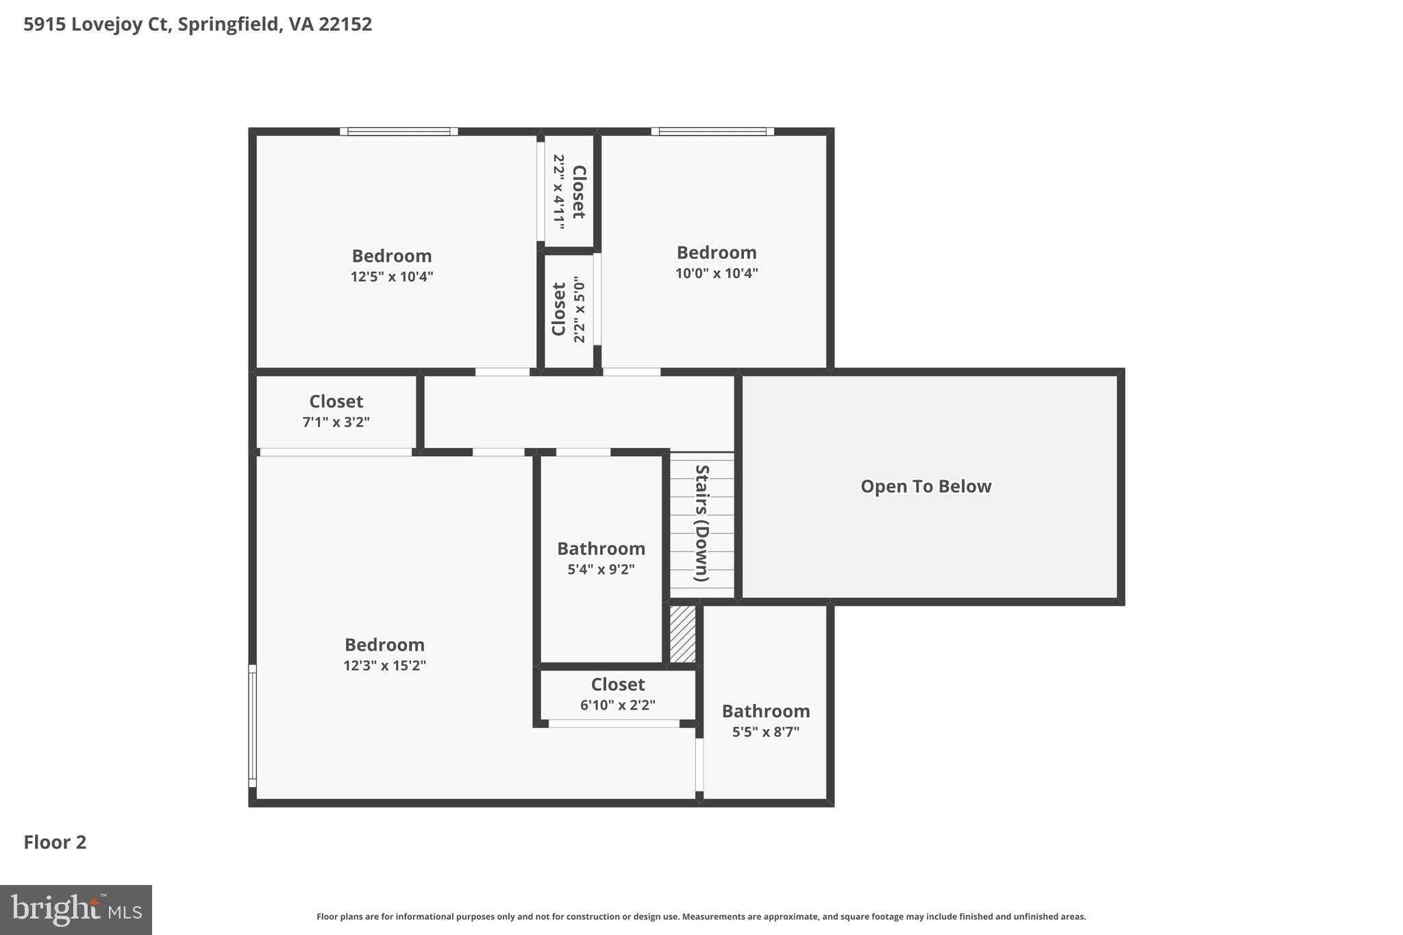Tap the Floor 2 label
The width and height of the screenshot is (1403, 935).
[x=55, y=842]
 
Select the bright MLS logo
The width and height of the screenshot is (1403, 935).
[x=75, y=910]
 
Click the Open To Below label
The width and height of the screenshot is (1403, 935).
[x=926, y=486]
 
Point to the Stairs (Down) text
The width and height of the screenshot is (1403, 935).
[x=701, y=523]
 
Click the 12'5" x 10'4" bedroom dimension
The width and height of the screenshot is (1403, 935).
[x=392, y=277]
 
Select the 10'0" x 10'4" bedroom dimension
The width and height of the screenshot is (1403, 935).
[x=717, y=273]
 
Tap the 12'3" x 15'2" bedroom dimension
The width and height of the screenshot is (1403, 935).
[x=384, y=665]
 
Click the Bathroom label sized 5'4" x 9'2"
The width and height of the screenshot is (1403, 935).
[x=601, y=549]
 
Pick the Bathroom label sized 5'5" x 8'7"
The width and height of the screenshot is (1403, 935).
[x=765, y=711]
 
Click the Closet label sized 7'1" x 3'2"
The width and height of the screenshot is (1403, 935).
[x=336, y=401]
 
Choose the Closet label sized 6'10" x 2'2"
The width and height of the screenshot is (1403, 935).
[x=617, y=684]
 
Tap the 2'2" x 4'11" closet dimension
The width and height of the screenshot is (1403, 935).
[x=559, y=191]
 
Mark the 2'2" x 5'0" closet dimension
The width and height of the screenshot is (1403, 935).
[x=580, y=309]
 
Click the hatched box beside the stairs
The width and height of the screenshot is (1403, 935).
[x=682, y=634]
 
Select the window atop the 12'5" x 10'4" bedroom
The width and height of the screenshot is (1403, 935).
[x=399, y=132]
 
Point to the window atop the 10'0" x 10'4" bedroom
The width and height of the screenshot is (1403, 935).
[x=712, y=132]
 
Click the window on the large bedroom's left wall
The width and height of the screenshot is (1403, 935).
[x=252, y=726]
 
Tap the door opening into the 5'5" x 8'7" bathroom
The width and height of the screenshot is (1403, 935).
[x=699, y=764]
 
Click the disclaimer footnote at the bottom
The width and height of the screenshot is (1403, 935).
[x=701, y=917]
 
